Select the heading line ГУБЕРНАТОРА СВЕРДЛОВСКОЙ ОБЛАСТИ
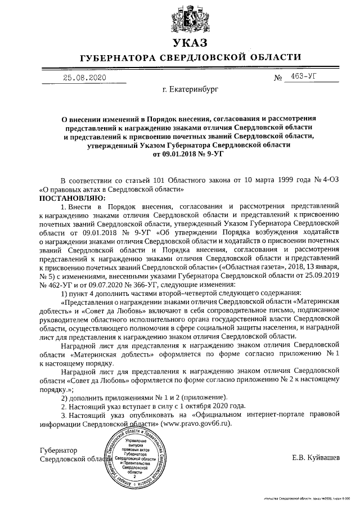tap(190, 57)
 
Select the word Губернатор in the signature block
tap(58, 450)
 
